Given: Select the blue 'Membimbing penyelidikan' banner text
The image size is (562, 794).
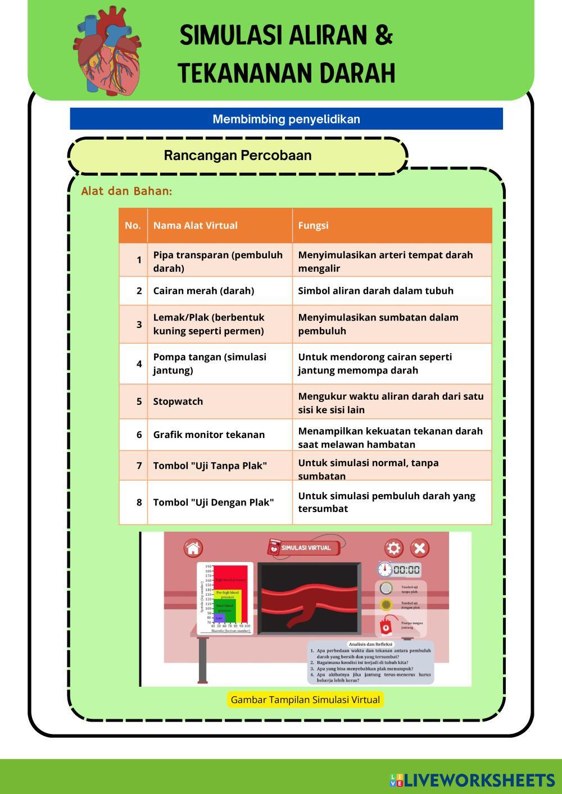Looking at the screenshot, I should [286, 119].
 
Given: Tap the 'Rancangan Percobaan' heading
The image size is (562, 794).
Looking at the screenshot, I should [237, 156].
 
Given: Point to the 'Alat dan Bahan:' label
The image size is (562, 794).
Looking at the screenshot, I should [126, 191].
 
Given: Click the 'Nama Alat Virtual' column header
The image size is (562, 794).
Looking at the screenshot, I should [195, 226].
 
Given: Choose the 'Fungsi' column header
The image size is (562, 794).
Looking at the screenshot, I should [313, 226].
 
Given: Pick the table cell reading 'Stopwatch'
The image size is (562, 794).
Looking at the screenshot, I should [178, 401].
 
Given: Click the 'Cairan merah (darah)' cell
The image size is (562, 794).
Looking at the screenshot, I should [203, 291].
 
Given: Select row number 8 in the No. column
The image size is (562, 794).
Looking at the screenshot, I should [139, 502].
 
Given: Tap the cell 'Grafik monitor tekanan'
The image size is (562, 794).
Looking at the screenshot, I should [209, 435].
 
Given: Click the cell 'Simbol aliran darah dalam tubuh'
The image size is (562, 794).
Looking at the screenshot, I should [375, 291].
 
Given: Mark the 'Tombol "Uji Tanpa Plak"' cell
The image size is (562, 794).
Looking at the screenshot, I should [210, 466].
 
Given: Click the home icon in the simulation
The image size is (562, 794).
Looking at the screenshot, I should [193, 548].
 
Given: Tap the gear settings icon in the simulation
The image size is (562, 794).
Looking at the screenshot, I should [393, 548].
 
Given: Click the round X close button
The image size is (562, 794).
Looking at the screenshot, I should [419, 548].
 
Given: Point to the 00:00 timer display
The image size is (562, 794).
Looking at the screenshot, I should [406, 570].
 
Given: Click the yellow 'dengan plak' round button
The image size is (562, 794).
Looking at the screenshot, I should [386, 605].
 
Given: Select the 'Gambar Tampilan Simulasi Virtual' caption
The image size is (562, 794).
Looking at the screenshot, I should [305, 700].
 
